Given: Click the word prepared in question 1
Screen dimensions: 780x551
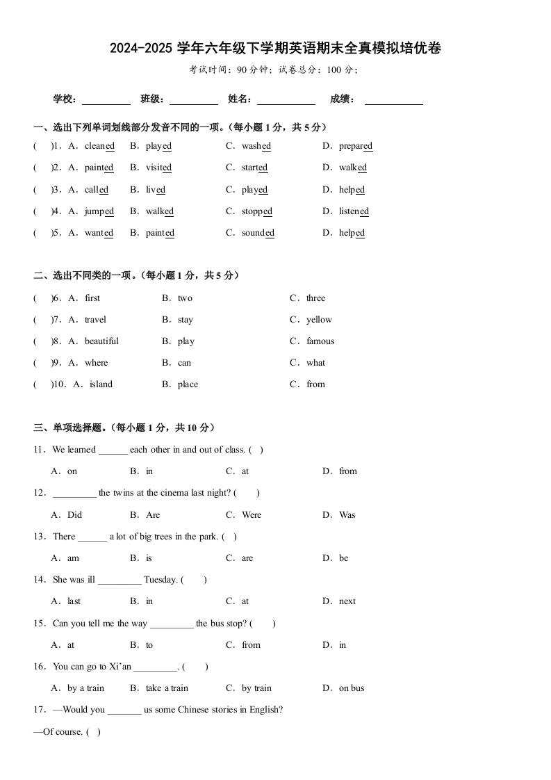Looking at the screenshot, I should click(356, 146).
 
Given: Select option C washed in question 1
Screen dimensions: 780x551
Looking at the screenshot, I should click(256, 146).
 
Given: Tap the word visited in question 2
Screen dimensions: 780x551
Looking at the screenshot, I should click(158, 168).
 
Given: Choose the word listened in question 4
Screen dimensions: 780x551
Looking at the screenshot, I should click(354, 211).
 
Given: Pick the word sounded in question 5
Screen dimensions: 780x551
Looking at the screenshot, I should click(258, 233).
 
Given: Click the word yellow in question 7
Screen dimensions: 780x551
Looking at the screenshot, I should click(319, 320).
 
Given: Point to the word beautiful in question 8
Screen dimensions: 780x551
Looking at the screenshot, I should click(101, 341).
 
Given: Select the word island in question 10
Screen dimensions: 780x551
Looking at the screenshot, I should click(101, 384).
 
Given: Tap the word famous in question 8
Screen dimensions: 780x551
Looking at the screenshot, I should click(320, 341).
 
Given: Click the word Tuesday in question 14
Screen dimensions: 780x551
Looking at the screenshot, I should click(161, 580).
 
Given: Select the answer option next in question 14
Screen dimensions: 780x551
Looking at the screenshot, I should click(347, 601).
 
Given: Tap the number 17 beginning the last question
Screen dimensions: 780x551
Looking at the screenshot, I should click(38, 710).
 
